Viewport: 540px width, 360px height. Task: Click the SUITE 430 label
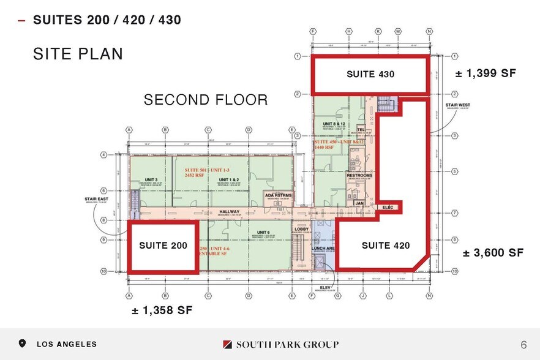pos(370,74)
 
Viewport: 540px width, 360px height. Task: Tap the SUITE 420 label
pos(385,246)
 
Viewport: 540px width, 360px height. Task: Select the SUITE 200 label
pos(163,246)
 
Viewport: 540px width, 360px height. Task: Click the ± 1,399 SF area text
pos(486,73)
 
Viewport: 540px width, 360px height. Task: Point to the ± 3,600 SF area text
pos(493,252)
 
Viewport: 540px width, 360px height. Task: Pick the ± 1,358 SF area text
pos(162,310)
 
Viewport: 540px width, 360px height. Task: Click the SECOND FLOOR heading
pos(206,100)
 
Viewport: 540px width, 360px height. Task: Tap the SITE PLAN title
pos(78,54)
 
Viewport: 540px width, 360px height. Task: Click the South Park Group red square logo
pos(227,344)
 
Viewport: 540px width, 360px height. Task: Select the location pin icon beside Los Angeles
pos(23,344)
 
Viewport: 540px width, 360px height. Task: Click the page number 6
pos(523,344)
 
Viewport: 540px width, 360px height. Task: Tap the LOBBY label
pos(299,230)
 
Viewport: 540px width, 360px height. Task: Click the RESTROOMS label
pos(359,176)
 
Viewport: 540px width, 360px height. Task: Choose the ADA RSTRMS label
pos(279,195)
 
